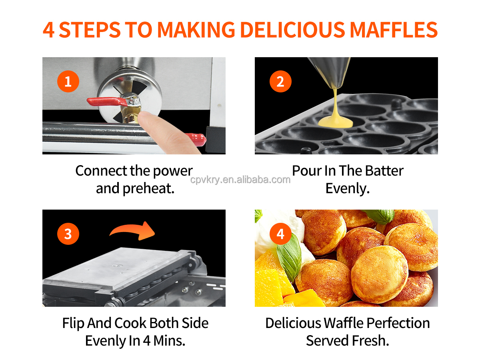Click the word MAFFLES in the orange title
[394, 30]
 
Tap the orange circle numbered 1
[68, 81]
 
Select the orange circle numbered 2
[280, 81]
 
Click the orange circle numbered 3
[68, 234]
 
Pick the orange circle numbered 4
[280, 234]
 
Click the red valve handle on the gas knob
[106, 102]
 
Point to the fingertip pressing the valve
[146, 117]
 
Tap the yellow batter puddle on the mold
[335, 122]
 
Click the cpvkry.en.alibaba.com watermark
[240, 180]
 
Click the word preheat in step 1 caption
[148, 188]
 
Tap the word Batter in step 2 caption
[384, 170]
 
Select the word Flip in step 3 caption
[73, 323]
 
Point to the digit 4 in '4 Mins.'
[147, 341]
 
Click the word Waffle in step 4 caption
[343, 323]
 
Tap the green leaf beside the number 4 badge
[289, 258]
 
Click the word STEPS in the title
[90, 30]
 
